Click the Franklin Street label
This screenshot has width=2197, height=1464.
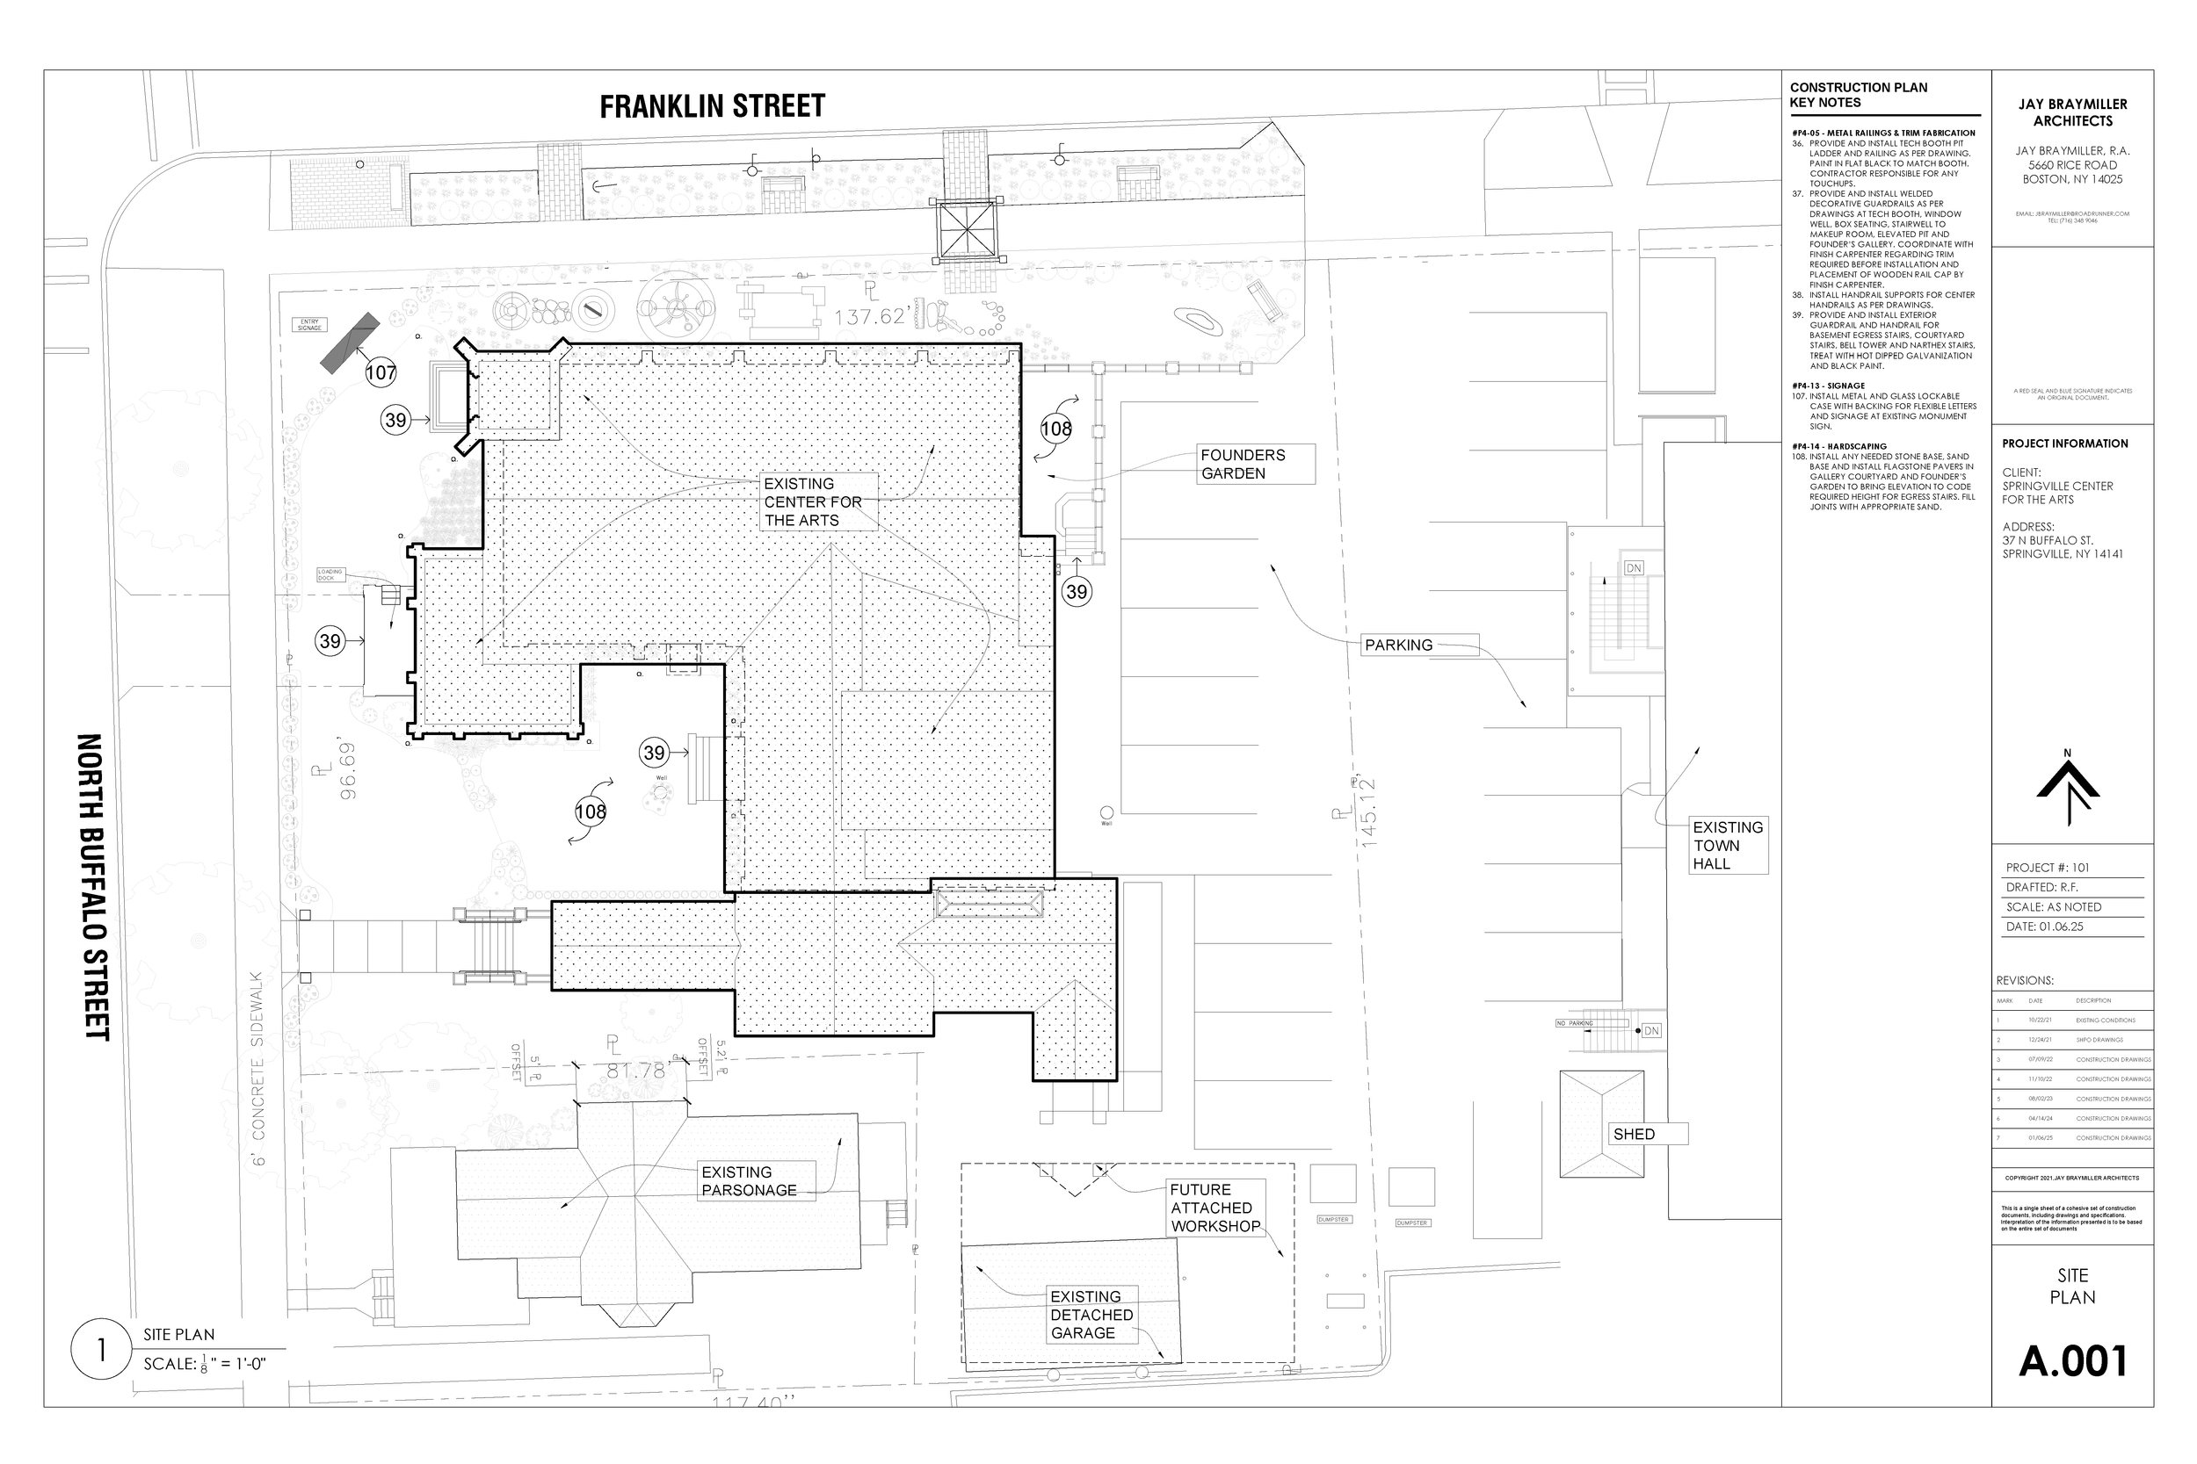[x=712, y=106]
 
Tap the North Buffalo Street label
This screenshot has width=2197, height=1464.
[x=93, y=886]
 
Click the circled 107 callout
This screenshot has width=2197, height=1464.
[x=381, y=372]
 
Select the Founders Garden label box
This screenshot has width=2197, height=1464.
[x=1257, y=464]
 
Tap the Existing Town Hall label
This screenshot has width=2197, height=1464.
[x=1728, y=846]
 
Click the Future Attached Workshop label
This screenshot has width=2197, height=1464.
[x=1215, y=1208]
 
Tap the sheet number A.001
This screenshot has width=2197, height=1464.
[x=2073, y=1361]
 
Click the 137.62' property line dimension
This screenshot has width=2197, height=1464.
[x=870, y=317]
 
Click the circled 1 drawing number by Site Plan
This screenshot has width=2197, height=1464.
[x=101, y=1349]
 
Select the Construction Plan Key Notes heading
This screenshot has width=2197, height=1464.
[x=1858, y=94]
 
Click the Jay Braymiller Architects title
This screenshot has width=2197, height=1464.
[x=2072, y=112]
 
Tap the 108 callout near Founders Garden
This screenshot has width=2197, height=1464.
[x=1056, y=429]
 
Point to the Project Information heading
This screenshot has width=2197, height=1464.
[x=2064, y=444]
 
